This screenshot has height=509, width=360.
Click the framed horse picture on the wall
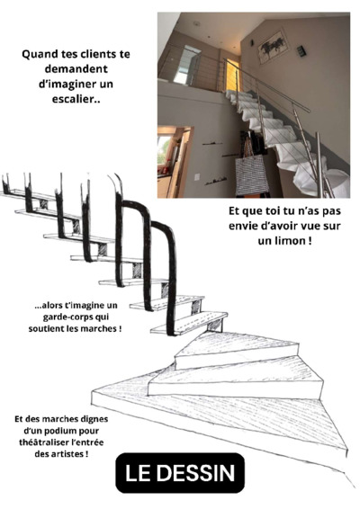pos(274,47)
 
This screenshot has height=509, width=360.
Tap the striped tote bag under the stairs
pos(251,174)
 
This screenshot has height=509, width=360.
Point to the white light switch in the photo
pos(197,176)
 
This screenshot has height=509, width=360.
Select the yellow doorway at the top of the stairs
pos(232,76)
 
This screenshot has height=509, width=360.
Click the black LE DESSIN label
pos(180,473)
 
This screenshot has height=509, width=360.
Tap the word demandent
pos(76,69)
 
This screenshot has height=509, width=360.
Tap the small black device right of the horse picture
pos(301,51)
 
